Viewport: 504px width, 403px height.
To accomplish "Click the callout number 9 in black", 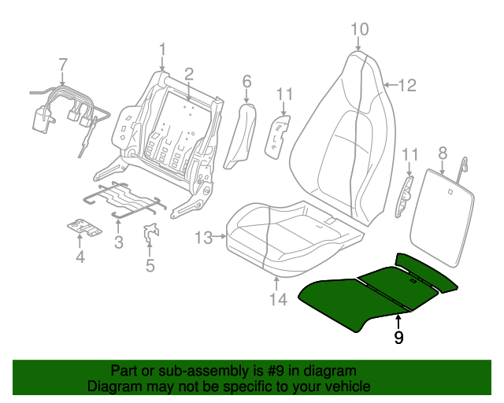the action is (398, 337).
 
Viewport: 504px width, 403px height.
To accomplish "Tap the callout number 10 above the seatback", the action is (359, 29).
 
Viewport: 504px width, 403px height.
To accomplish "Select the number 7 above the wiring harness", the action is (63, 65).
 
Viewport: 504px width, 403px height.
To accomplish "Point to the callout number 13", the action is (204, 238).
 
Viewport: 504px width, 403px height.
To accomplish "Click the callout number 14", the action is (278, 300).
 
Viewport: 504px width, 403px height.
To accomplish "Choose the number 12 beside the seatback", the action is (408, 85).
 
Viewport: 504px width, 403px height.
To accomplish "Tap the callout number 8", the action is (443, 153).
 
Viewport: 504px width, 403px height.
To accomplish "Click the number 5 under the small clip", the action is (150, 265).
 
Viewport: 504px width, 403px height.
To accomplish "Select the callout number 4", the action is (80, 257).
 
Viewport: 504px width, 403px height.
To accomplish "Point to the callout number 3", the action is (119, 242).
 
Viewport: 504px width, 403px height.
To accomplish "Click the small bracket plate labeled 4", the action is (85, 227).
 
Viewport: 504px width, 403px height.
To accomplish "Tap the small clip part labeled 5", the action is (150, 233).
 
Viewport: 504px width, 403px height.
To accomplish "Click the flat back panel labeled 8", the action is (442, 218).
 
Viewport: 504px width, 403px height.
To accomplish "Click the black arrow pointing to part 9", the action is (398, 322).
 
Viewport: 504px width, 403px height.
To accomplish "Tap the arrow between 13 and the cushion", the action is (220, 237).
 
